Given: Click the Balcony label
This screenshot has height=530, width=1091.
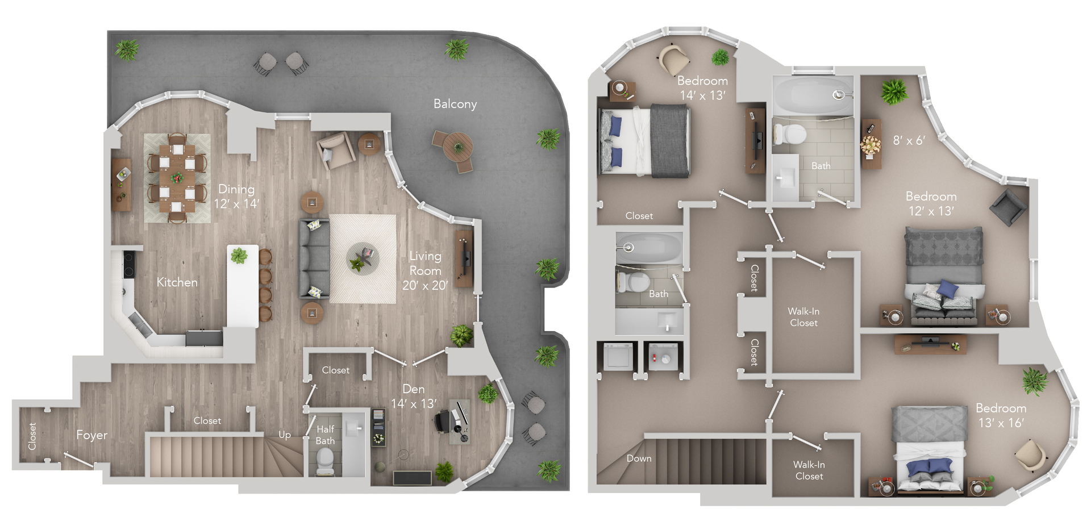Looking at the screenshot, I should (455, 104).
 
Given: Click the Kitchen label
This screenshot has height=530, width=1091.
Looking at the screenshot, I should (177, 282).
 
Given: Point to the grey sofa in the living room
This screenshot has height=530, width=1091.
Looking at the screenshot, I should (314, 258).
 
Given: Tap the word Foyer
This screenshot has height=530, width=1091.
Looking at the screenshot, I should (91, 435).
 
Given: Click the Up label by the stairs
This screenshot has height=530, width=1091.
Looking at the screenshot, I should (284, 435).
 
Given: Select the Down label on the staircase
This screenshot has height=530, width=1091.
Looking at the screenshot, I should (639, 458).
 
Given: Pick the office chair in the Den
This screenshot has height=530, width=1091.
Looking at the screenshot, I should (443, 422).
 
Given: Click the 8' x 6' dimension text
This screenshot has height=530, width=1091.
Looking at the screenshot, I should (909, 140).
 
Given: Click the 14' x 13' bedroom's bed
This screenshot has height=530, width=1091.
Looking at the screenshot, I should (645, 140).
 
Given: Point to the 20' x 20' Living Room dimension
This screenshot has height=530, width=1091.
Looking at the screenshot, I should (424, 285).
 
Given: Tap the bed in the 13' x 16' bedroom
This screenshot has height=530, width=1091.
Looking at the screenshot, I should (930, 449).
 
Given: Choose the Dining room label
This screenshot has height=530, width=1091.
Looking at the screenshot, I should (236, 189).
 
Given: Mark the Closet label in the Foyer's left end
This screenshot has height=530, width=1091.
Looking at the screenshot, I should (32, 436).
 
